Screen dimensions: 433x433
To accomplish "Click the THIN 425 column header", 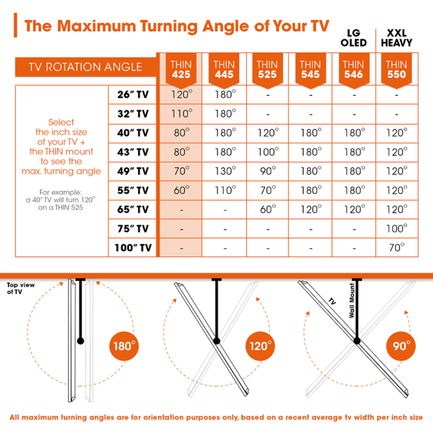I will (x=180, y=69).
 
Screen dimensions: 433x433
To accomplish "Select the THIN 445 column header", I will (x=224, y=69).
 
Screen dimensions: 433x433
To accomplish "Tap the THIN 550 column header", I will (x=396, y=69).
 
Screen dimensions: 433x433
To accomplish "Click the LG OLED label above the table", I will (x=353, y=37).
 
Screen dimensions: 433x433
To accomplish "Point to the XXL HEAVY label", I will (x=396, y=37).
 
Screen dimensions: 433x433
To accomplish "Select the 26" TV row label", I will (x=133, y=95).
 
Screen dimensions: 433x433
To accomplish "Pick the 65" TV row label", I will (x=133, y=209).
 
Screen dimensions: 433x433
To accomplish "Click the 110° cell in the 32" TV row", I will (x=180, y=113).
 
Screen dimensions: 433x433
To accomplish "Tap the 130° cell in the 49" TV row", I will (x=224, y=171).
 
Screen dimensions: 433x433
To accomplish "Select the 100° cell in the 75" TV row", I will (x=396, y=228).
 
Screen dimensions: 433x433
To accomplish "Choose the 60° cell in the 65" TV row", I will (x=266, y=209).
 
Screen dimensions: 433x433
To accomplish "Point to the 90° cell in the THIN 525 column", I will (x=266, y=171).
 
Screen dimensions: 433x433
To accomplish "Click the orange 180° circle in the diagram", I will (x=125, y=346).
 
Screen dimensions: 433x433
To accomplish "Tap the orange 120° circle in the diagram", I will (x=260, y=346).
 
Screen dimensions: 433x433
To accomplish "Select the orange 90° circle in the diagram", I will (x=402, y=346).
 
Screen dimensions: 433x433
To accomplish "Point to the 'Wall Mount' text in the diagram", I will (x=352, y=299).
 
